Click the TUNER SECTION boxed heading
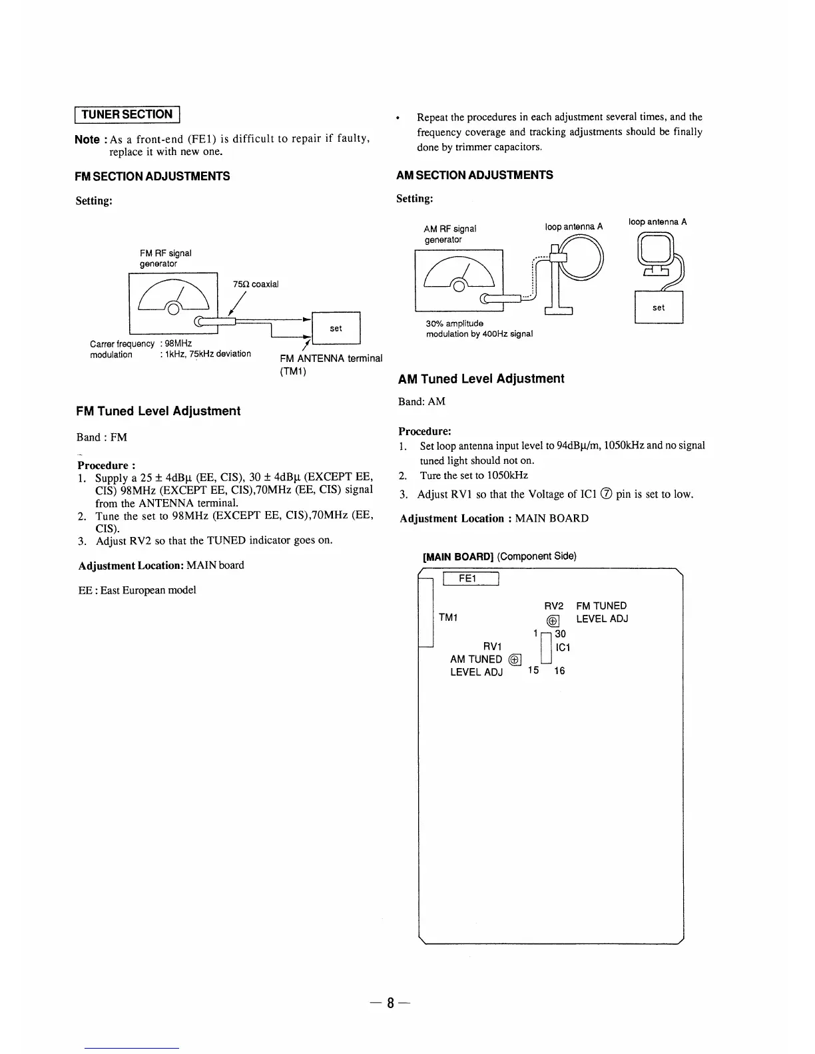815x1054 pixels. click(x=127, y=114)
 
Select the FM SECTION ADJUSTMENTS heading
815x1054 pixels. click(x=152, y=176)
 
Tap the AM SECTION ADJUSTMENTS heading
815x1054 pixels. click(x=474, y=175)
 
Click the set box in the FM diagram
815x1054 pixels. click(x=336, y=328)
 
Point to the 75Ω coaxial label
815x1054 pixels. click(x=256, y=284)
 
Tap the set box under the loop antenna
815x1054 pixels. click(x=659, y=307)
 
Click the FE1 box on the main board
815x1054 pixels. click(x=470, y=579)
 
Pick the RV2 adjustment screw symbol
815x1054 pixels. click(x=553, y=621)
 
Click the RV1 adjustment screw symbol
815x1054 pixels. click(x=515, y=659)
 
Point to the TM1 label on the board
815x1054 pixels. click(x=448, y=618)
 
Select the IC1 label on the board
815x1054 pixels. click(x=562, y=647)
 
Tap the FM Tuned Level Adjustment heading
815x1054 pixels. click(x=158, y=411)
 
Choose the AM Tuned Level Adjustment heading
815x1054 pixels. click(x=481, y=379)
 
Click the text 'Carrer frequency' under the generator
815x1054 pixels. click(x=122, y=343)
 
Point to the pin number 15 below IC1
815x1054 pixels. click(x=533, y=670)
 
